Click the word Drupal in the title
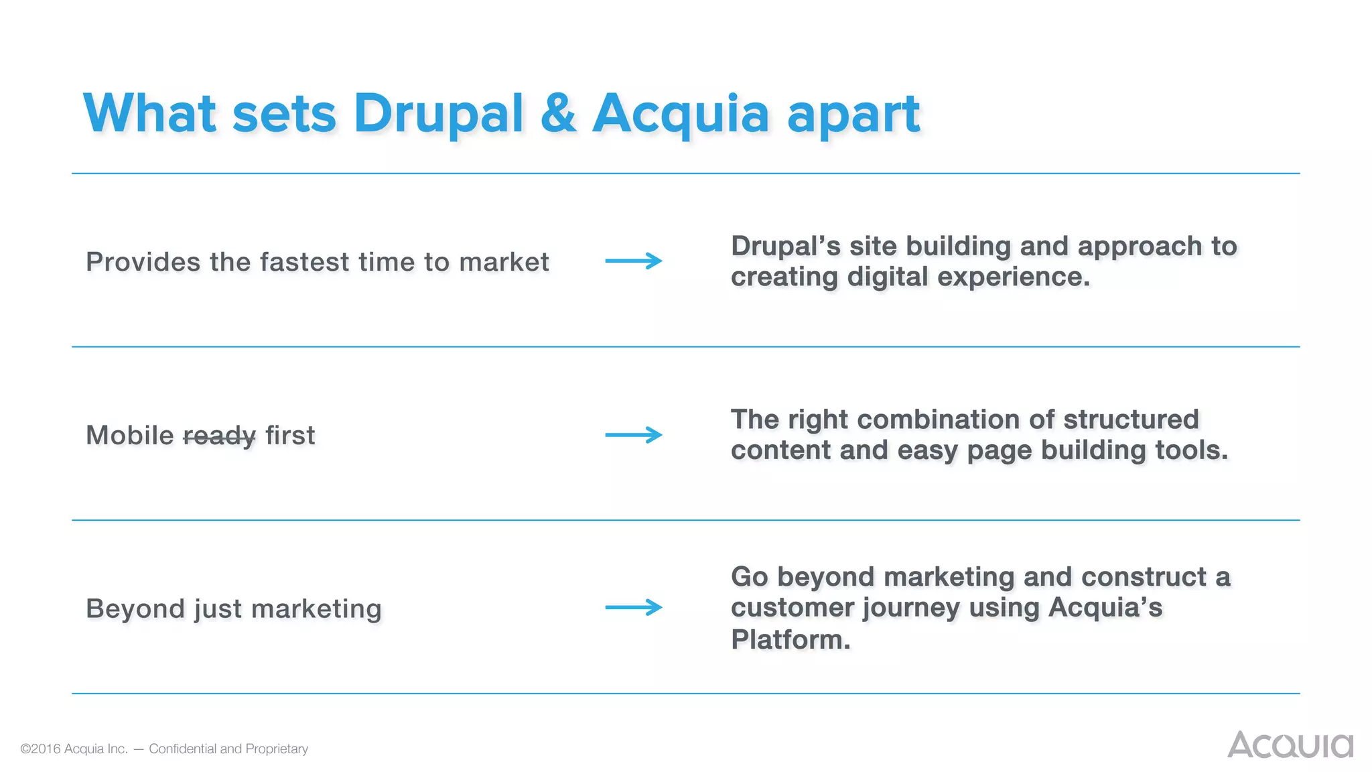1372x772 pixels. point(438,114)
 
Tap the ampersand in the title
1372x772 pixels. point(558,114)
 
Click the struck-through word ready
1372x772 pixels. point(219,436)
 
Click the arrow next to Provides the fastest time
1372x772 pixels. point(633,261)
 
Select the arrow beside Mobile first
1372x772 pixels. point(633,435)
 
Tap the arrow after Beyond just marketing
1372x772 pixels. point(633,608)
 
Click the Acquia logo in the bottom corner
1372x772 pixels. point(1290,745)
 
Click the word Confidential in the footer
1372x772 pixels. point(182,749)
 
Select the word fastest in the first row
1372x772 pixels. point(305,262)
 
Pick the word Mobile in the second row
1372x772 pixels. point(130,436)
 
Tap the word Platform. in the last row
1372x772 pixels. point(791,639)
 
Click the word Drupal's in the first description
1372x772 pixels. point(785,246)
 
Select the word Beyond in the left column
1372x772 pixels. point(135,609)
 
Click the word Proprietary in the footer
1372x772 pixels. point(277,749)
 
